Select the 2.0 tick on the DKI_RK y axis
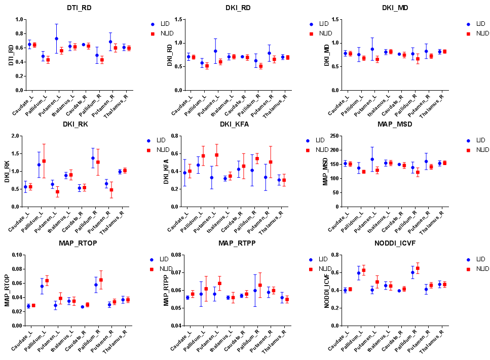pos(19,136)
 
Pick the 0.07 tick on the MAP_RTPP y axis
pos(175,273)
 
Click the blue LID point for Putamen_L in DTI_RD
pos(56,38)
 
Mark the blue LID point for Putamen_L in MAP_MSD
pos(372,159)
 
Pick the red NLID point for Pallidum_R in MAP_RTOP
pos(101,280)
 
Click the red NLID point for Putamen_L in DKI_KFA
pos(216,155)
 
